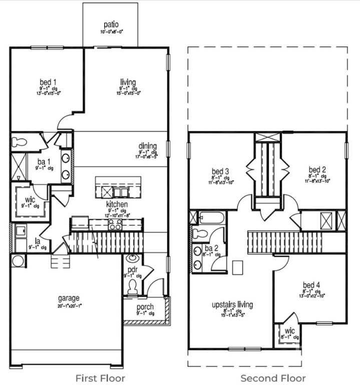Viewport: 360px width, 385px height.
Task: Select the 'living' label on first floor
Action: tap(128, 82)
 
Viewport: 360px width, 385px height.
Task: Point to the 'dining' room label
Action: tap(148, 146)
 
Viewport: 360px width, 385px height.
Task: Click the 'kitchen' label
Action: tap(116, 204)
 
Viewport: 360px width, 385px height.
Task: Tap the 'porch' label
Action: tap(145, 307)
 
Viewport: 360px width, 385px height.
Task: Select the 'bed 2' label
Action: tap(317, 170)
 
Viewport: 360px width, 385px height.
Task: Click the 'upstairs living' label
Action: tap(232, 304)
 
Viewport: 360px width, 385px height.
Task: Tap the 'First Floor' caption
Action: tap(100, 378)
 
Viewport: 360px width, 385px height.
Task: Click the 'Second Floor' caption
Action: tap(273, 378)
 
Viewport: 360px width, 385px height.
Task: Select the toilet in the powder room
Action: tap(132, 287)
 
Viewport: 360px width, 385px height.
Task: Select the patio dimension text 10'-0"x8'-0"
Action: tap(111, 31)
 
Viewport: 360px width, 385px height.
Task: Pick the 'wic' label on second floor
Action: tap(289, 331)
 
